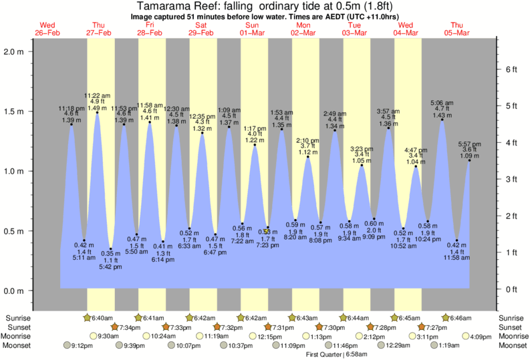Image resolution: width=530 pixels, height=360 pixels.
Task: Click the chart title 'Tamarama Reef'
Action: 176,5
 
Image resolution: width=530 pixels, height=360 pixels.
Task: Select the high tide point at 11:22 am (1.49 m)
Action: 98,112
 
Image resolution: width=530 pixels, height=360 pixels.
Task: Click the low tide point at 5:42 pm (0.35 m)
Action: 111,249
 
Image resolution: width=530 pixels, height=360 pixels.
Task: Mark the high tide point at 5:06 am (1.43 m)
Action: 442,120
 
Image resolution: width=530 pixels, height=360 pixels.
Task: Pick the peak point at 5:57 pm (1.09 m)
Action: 469,160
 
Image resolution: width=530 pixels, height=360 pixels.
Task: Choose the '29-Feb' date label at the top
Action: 201,33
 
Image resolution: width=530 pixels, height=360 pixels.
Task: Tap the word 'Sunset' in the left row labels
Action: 18,327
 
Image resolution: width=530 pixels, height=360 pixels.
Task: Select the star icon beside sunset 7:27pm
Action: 422,327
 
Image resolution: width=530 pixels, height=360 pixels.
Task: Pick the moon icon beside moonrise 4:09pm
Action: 465,337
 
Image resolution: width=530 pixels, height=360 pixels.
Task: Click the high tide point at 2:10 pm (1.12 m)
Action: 308,157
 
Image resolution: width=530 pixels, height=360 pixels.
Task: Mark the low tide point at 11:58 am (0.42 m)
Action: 456,240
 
